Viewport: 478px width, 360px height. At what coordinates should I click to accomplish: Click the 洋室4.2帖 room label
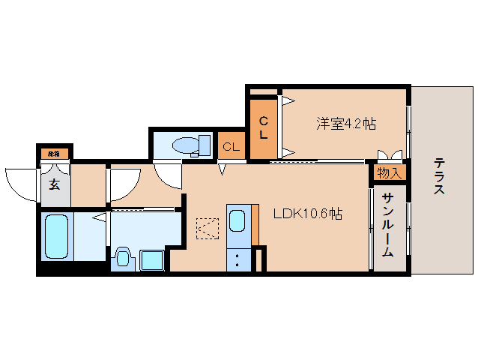tap(345, 124)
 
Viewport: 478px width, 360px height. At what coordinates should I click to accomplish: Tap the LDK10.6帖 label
tap(307, 214)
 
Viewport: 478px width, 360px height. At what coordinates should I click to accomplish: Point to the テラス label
tap(439, 176)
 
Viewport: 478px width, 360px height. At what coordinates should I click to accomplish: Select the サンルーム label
tap(387, 224)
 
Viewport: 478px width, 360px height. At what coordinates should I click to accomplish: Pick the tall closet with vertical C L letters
tap(263, 127)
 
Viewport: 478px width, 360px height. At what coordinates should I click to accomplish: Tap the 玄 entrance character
tap(55, 184)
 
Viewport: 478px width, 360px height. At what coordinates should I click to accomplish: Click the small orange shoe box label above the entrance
tap(54, 154)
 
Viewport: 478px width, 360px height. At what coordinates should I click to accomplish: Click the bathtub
tap(57, 235)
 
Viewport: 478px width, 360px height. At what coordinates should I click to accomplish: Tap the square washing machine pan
tap(152, 259)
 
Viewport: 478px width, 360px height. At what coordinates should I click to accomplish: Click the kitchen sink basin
tap(237, 221)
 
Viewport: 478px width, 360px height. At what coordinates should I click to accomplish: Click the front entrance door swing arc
tap(20, 183)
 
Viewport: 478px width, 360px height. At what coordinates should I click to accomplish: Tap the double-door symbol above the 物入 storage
tap(390, 156)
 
